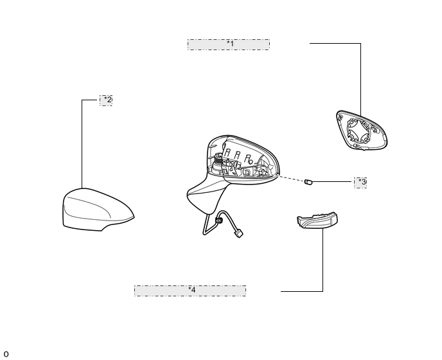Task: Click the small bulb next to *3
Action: (308, 183)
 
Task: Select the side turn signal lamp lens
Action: (318, 221)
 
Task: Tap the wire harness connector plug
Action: (240, 234)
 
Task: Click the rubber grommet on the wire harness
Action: (218, 220)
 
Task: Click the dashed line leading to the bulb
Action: (292, 179)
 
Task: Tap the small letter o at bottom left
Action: (6, 354)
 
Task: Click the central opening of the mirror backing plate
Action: (358, 131)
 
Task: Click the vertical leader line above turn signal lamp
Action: (323, 260)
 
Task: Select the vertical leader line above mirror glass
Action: (360, 80)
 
